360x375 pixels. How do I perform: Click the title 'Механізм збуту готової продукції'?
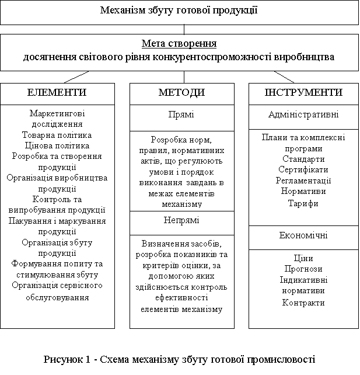pyautogui.click(x=179, y=11)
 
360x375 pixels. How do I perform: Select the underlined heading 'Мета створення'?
pyautogui.click(x=179, y=44)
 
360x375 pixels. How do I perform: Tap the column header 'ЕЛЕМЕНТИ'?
pyautogui.click(x=57, y=93)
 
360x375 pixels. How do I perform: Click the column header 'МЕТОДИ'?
pyautogui.click(x=181, y=93)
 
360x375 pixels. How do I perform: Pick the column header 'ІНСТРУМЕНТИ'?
pyautogui.click(x=303, y=93)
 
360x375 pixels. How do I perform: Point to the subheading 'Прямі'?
pyautogui.click(x=181, y=114)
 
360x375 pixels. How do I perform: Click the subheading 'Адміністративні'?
pyautogui.click(x=303, y=114)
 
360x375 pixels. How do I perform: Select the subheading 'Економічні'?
pyautogui.click(x=303, y=235)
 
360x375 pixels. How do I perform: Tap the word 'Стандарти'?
pyautogui.click(x=303, y=159)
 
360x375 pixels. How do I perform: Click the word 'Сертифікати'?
pyautogui.click(x=303, y=169)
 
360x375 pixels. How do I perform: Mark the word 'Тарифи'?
pyautogui.click(x=303, y=203)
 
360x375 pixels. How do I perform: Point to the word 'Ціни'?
pyautogui.click(x=303, y=258)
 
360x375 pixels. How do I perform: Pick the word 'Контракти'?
pyautogui.click(x=303, y=303)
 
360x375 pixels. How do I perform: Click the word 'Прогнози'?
pyautogui.click(x=303, y=269)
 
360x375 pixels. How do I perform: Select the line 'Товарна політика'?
pyautogui.click(x=57, y=135)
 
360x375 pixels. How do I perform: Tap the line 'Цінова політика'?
pyautogui.click(x=57, y=145)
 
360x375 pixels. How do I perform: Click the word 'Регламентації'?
pyautogui.click(x=303, y=180)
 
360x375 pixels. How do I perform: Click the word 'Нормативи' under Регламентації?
pyautogui.click(x=303, y=191)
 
